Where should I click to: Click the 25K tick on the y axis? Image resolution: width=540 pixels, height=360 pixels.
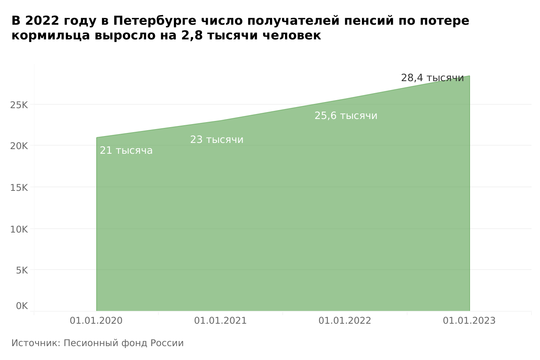[x=19, y=105]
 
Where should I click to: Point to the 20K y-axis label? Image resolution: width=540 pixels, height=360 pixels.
[x=19, y=146]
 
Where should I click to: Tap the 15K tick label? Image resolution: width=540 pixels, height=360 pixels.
[x=19, y=188]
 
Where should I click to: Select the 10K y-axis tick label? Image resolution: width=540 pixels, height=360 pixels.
[x=19, y=229]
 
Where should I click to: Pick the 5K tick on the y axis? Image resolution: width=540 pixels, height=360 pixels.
[x=22, y=270]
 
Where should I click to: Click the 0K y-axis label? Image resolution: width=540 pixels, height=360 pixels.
[x=22, y=306]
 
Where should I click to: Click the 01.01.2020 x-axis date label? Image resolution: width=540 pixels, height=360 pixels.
[x=96, y=321]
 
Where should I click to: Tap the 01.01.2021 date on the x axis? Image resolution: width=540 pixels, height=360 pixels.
[x=221, y=321]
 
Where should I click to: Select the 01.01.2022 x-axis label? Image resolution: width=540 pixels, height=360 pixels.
[x=345, y=321]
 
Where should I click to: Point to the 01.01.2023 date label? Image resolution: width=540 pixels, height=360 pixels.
[x=469, y=321]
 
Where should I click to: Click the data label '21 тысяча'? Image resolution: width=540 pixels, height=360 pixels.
[x=126, y=151]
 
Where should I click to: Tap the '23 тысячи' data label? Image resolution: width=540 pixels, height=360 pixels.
[x=217, y=140]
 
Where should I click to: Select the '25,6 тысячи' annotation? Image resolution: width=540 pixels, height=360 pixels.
[x=346, y=116]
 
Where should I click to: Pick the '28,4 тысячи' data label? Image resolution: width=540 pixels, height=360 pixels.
[x=432, y=78]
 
